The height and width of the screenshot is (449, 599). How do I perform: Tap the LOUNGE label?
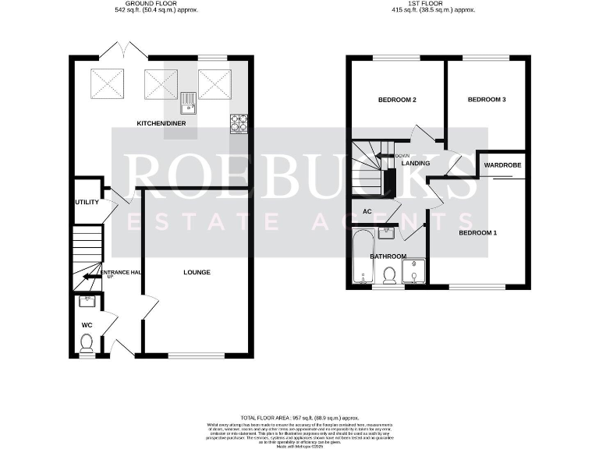(197, 272)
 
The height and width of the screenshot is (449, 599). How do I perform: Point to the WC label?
(87, 324)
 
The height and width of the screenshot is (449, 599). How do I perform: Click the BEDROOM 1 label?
(477, 233)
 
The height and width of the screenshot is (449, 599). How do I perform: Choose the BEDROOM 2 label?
(397, 101)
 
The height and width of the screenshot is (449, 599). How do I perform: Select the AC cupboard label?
(367, 211)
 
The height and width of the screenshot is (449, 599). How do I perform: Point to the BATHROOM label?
(388, 256)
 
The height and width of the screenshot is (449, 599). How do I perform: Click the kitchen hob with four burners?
(239, 122)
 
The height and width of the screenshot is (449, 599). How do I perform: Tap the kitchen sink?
(188, 98)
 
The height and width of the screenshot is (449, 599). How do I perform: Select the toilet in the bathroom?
(388, 275)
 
